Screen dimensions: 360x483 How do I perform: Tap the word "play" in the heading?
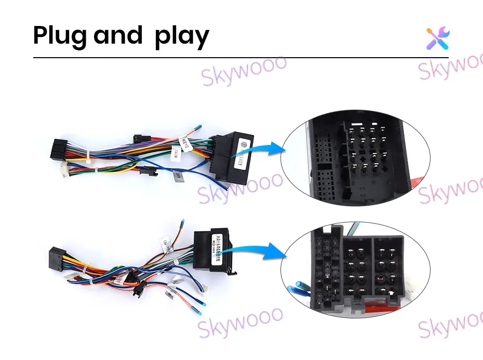pos(182,37)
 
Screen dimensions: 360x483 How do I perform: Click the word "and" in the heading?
pos(118,36)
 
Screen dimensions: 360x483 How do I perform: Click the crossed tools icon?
pos(438,38)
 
